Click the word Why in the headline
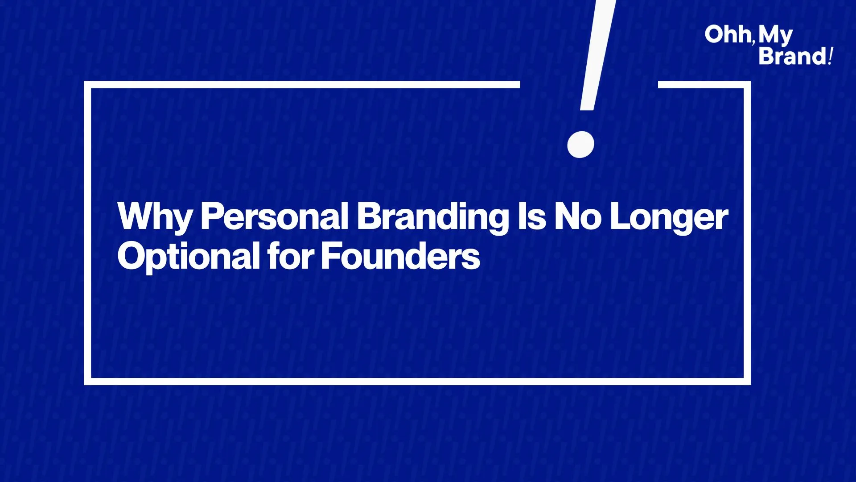[155, 217]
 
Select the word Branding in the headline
[433, 217]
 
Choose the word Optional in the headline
[189, 257]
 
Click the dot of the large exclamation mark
[580, 145]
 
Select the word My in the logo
[776, 36]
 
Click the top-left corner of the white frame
[87, 85]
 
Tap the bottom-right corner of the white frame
[747, 382]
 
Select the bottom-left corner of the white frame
[87, 382]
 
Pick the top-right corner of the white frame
[747, 85]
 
